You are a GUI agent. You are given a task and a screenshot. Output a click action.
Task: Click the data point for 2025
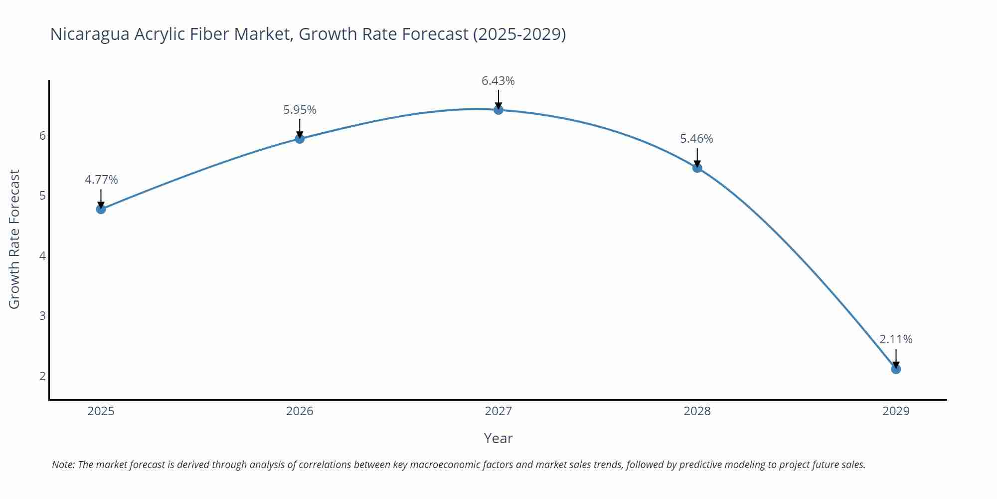[x=101, y=209]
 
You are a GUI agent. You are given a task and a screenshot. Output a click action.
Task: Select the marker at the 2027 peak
[x=498, y=110]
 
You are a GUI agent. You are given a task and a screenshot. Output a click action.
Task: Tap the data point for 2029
[x=896, y=369]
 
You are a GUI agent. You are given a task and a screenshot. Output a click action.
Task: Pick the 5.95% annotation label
[x=300, y=110]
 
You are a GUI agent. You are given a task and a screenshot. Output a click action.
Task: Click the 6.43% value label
[x=498, y=81]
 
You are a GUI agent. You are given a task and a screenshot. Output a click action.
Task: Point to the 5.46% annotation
[x=696, y=139]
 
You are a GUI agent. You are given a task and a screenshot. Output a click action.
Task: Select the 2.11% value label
[x=896, y=339]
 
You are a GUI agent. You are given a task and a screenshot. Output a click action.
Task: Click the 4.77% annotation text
[x=101, y=180]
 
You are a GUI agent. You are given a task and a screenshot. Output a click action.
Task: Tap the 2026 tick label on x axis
[x=300, y=411]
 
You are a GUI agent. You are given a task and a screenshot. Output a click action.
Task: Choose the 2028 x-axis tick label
[x=697, y=411]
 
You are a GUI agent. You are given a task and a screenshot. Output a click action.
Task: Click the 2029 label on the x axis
[x=896, y=411]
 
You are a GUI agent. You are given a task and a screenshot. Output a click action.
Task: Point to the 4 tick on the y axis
[x=42, y=256]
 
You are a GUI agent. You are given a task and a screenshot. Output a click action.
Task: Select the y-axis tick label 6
[x=42, y=136]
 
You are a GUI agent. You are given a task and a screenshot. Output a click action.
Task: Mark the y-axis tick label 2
[x=42, y=376]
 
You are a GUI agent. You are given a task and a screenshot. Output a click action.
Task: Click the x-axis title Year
[x=498, y=438]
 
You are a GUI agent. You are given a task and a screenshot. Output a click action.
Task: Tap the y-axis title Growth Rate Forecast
[x=14, y=240]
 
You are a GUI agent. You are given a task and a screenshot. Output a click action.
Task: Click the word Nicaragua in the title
[x=90, y=34]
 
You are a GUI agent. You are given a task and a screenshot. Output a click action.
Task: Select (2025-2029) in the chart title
[x=519, y=34]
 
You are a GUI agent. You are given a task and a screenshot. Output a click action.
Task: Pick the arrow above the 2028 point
[x=697, y=157]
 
